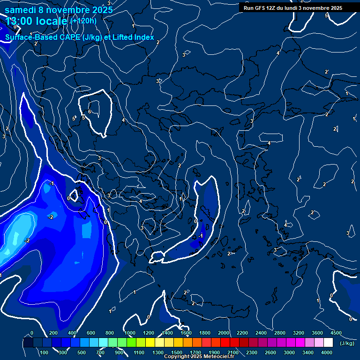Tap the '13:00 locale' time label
(x=37, y=21)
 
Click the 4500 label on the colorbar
(x=336, y=333)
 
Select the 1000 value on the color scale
(x=130, y=333)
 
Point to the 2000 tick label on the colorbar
(x=224, y=333)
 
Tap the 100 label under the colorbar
(x=45, y=352)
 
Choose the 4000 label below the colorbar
(x=327, y=352)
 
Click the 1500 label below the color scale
(x=177, y=352)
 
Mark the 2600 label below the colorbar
(x=270, y=352)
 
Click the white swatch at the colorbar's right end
(x=341, y=343)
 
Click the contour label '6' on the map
(x=90, y=112)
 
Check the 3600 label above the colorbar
(x=317, y=333)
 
